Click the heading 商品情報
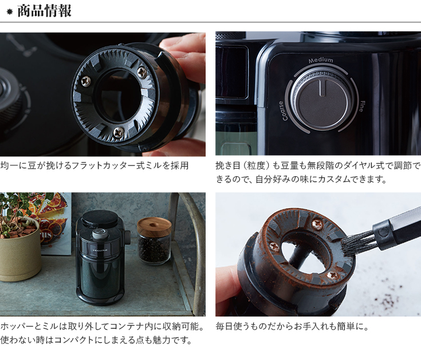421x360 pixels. (44, 11)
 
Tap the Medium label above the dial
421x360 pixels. (321, 60)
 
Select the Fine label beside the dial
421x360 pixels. (361, 106)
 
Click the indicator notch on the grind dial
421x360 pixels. (322, 88)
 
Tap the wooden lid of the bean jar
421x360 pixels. (154, 227)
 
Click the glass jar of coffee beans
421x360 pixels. (154, 241)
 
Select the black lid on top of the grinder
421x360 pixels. (100, 219)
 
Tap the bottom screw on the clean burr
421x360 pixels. (119, 132)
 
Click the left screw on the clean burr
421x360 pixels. (86, 80)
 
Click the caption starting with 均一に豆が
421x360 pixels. (95, 165)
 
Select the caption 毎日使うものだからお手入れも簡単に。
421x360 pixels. (292, 326)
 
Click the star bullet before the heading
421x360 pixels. (10, 12)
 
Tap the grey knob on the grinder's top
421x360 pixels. (100, 234)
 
